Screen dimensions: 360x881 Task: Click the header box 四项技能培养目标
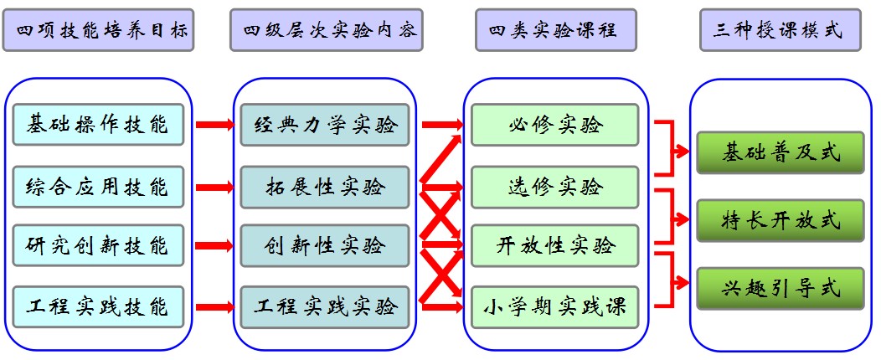[99, 32]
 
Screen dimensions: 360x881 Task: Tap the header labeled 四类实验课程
[554, 32]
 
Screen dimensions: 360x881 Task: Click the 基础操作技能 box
[98, 125]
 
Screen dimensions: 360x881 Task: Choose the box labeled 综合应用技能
[98, 186]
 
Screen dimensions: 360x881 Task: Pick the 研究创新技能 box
[98, 246]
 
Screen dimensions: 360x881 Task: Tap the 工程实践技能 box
[98, 306]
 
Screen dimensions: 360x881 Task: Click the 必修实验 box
[555, 126]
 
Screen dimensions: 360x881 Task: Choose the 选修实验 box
[555, 186]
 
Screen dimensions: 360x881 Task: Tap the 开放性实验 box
[555, 246]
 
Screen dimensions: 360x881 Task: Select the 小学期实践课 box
[555, 306]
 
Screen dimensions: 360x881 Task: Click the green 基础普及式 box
[780, 153]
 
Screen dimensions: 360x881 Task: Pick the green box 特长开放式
[780, 221]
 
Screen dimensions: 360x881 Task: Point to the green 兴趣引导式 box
[780, 289]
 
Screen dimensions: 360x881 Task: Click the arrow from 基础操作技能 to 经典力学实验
[214, 126]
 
